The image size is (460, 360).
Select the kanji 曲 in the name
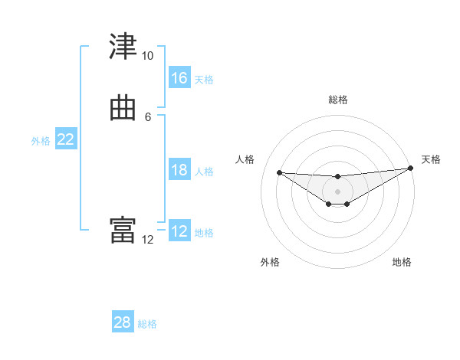(123, 108)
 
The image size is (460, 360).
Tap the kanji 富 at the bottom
(123, 231)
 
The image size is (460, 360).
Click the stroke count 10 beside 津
(147, 56)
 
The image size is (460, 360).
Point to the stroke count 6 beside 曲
(148, 116)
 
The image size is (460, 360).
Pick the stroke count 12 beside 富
(147, 239)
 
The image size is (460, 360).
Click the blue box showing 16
(179, 78)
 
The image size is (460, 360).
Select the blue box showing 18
(179, 170)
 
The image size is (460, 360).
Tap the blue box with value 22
(66, 139)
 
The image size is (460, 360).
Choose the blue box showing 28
(123, 322)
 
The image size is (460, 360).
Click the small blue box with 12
(179, 231)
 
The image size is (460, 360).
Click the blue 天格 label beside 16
(204, 80)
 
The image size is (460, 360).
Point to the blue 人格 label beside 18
(204, 172)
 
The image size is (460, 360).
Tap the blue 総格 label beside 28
(147, 324)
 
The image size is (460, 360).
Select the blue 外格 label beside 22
(41, 141)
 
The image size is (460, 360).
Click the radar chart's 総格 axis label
(337, 100)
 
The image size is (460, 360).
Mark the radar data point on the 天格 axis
(410, 169)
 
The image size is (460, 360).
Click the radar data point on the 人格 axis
(280, 172)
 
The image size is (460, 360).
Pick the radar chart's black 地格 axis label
(402, 262)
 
